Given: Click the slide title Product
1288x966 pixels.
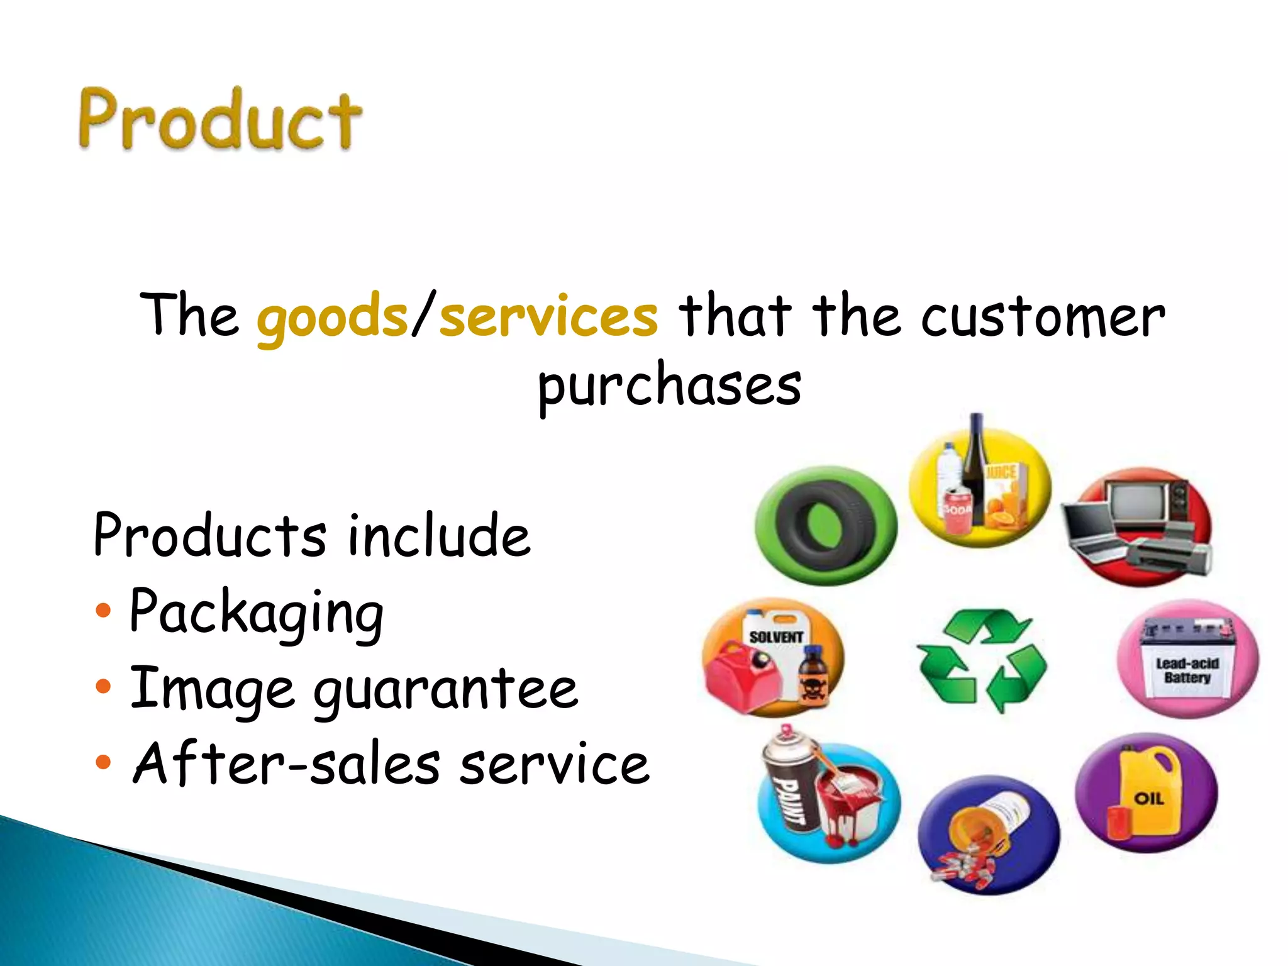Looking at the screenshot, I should [x=219, y=119].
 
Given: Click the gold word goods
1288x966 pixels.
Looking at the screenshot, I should [x=332, y=316].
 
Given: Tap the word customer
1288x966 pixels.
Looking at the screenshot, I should [x=1043, y=316].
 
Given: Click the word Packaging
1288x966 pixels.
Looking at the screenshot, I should [x=257, y=613].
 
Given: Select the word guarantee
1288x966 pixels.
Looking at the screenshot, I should [x=445, y=689].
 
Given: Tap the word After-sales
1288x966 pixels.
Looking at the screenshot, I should [x=287, y=763].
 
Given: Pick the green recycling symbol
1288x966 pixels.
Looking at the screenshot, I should [x=981, y=660].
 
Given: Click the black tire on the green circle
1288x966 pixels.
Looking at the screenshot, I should [x=824, y=525].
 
